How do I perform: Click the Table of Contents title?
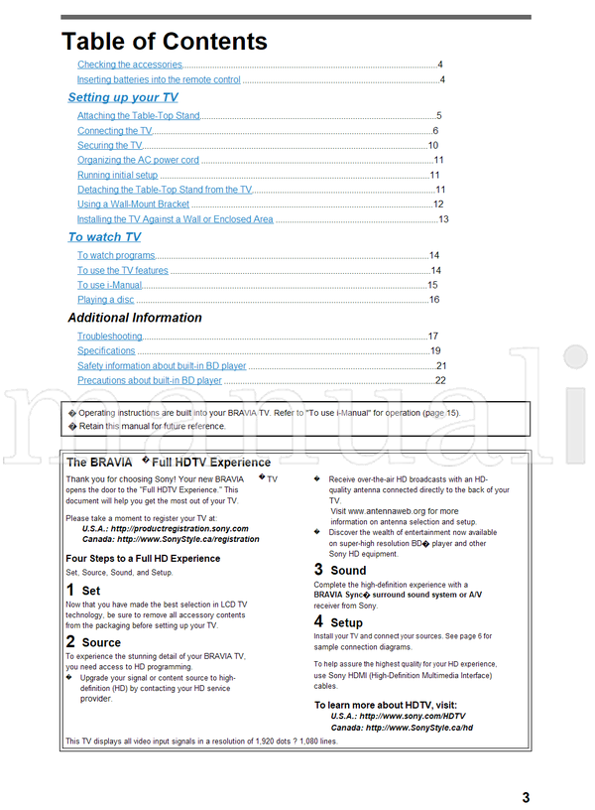(165, 42)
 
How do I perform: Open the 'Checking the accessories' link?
(130, 65)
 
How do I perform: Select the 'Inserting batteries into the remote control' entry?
(159, 79)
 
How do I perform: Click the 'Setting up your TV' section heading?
(123, 97)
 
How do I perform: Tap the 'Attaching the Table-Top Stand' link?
(138, 116)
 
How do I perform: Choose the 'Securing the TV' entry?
(109, 146)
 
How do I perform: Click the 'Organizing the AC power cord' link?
(138, 161)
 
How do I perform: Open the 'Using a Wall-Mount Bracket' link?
(133, 204)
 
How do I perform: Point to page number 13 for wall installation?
(443, 219)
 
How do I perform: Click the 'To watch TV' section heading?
(104, 237)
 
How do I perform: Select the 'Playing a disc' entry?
(105, 300)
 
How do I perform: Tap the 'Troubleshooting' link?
(109, 337)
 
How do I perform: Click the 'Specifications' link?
(106, 351)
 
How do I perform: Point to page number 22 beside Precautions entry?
(440, 380)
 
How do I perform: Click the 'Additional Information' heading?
(135, 318)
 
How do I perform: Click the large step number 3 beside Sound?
(318, 570)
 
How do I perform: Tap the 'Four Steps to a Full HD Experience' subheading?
(143, 559)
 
